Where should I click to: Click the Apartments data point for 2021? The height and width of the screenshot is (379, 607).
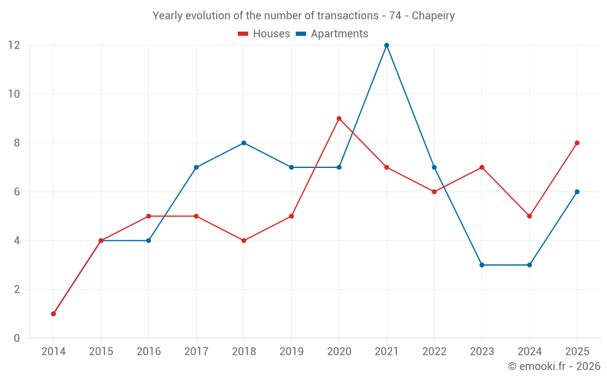[386, 45]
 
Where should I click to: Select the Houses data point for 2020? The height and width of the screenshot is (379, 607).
[339, 119]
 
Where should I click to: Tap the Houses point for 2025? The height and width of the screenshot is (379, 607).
[577, 143]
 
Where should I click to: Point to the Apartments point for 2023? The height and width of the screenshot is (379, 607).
[481, 265]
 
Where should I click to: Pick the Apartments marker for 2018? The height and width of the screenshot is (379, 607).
[244, 143]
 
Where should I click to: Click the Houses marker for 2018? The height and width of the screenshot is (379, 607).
[244, 241]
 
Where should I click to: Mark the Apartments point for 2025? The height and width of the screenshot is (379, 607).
[577, 192]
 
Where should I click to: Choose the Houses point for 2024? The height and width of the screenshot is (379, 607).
[529, 216]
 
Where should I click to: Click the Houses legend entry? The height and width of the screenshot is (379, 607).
[264, 33]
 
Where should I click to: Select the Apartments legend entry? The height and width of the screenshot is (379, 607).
[332, 33]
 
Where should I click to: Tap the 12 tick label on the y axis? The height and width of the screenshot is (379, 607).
[14, 45]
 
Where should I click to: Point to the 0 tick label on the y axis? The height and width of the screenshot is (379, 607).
[16, 338]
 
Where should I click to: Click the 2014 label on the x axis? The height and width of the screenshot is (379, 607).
[53, 351]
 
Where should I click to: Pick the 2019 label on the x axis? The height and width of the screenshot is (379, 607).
[291, 351]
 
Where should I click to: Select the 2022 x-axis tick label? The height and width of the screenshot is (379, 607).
[435, 351]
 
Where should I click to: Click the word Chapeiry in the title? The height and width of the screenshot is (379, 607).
[433, 16]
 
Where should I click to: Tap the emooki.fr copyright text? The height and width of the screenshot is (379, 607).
[554, 366]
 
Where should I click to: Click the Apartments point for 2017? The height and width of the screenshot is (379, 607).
[196, 167]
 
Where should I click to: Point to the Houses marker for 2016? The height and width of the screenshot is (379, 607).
[149, 216]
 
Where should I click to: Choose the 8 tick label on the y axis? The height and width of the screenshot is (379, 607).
[16, 143]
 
